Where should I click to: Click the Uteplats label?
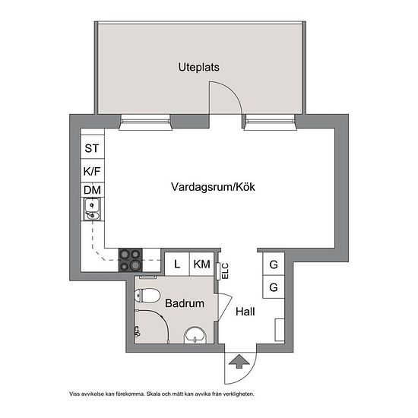(x=199, y=67)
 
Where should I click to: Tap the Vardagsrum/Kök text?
(x=213, y=187)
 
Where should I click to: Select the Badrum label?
(x=185, y=303)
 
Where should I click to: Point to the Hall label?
(x=245, y=312)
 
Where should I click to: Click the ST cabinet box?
(x=92, y=147)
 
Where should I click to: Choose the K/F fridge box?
(x=92, y=171)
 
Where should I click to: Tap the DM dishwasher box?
(x=92, y=190)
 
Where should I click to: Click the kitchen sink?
(x=92, y=209)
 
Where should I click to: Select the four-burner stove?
(x=131, y=260)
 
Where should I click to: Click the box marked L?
(x=177, y=264)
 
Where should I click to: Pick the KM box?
(x=202, y=264)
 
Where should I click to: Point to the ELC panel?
(x=218, y=271)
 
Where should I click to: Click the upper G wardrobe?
(x=274, y=264)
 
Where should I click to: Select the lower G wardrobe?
(x=274, y=287)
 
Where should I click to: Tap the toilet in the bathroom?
(x=147, y=296)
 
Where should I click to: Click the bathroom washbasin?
(x=195, y=335)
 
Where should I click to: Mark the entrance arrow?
(x=239, y=362)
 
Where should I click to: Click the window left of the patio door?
(x=145, y=122)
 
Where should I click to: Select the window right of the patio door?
(x=271, y=122)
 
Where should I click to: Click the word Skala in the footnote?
(x=153, y=394)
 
